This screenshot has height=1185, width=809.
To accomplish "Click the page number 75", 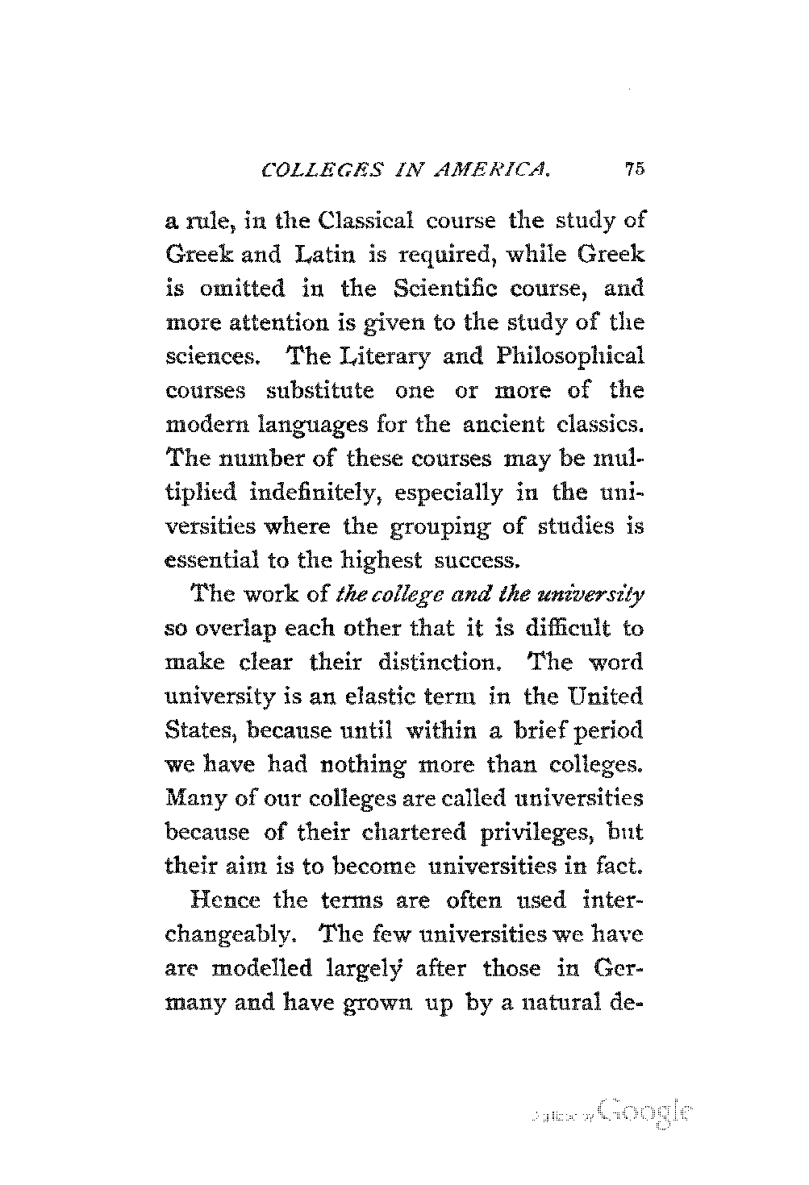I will [x=632, y=170].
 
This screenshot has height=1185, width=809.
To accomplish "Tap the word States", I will [x=191, y=730].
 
